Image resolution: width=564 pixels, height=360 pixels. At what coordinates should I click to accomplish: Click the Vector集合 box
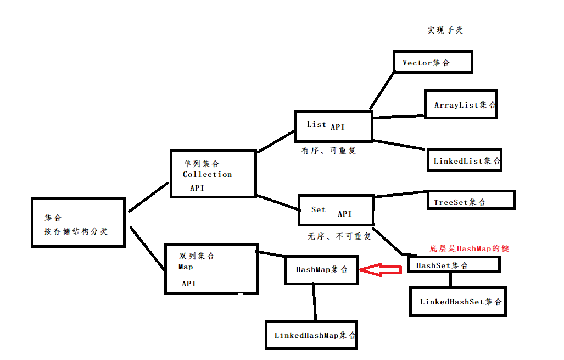433,62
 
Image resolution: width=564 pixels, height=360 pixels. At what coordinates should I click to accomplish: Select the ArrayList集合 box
461,104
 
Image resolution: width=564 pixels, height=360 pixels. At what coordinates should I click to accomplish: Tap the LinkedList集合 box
464,160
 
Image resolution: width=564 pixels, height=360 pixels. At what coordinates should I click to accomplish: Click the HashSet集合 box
454,265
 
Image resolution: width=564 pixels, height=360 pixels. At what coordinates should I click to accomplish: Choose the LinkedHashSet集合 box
457,301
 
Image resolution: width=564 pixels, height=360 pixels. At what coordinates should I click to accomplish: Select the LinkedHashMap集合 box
311,335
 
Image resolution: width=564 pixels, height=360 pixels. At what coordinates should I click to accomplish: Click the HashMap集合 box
321,269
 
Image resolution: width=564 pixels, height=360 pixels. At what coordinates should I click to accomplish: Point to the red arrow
382,269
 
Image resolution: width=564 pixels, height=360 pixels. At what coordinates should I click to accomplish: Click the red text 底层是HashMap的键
469,248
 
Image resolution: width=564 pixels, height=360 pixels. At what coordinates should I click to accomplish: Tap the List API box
333,126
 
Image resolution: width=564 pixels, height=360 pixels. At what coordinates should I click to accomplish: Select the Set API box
336,210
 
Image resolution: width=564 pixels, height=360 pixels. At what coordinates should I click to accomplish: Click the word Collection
207,174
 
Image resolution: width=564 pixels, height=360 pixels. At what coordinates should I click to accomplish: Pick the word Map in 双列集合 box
186,267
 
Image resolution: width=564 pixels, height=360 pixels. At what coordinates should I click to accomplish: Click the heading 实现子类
445,30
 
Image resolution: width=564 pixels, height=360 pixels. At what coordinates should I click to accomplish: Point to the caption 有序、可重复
328,150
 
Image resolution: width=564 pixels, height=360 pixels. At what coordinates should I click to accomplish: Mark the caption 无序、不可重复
339,236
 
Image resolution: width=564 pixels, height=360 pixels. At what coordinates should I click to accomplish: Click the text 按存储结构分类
76,231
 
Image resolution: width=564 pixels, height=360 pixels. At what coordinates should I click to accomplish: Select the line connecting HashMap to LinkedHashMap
314,302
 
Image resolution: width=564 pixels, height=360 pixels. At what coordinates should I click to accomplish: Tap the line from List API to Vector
382,90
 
